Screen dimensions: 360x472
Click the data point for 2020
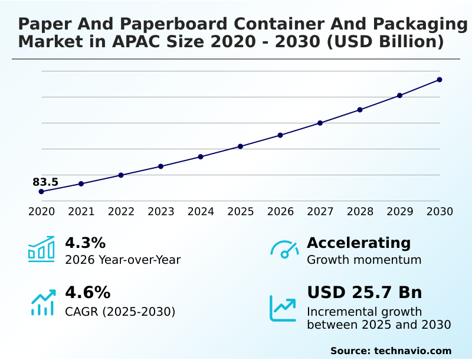[41, 192]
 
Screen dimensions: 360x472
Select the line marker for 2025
[241, 146]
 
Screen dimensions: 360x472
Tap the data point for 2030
[440, 80]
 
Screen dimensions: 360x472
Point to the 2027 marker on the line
[320, 123]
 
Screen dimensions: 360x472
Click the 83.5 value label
[45, 182]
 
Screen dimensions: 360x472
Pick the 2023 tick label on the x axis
[161, 212]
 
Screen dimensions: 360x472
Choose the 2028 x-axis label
[360, 212]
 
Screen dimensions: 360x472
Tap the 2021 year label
[81, 212]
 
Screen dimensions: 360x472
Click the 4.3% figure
[85, 243]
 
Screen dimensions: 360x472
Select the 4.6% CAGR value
[87, 293]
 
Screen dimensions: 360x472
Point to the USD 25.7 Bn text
[365, 293]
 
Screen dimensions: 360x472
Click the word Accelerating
[359, 243]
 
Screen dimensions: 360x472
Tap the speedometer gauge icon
[284, 249]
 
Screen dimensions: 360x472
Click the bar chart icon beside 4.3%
[41, 249]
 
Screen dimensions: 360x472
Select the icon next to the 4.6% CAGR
[42, 302]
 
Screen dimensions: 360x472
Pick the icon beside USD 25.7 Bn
[283, 307]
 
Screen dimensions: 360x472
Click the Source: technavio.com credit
[391, 351]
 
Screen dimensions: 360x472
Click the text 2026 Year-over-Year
[123, 260]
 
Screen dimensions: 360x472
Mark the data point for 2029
[400, 96]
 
